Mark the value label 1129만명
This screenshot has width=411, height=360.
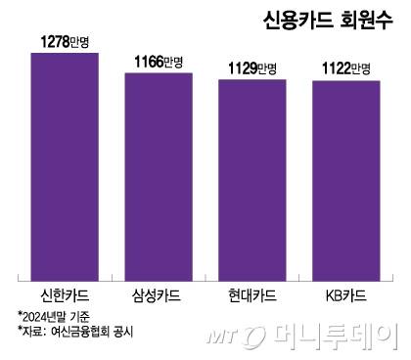click(251, 68)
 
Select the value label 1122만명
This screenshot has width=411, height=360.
click(345, 68)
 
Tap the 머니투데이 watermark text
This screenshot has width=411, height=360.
click(352, 333)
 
